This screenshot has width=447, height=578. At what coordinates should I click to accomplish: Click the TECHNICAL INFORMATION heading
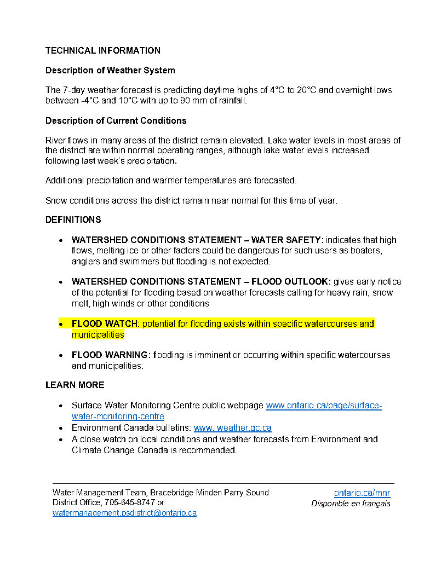click(x=103, y=50)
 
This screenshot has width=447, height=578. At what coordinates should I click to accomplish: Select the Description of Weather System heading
click(x=110, y=70)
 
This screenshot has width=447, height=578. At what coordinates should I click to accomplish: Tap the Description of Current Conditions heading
click(x=116, y=120)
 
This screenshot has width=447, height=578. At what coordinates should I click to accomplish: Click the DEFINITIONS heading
click(x=73, y=219)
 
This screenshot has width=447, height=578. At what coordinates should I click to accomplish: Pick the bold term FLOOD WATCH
click(x=105, y=323)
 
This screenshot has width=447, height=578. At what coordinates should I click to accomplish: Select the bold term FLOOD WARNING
click(x=111, y=355)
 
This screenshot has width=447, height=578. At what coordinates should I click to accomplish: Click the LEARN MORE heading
click(x=74, y=385)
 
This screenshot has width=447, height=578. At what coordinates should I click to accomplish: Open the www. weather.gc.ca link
click(x=232, y=428)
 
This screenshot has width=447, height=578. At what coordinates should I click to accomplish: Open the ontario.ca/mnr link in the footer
click(x=362, y=493)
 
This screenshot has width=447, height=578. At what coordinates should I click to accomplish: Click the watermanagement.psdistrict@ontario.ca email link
click(x=124, y=513)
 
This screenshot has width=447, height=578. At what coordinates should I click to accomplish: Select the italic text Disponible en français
click(x=351, y=504)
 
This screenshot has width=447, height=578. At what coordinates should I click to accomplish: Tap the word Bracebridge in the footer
click(x=174, y=493)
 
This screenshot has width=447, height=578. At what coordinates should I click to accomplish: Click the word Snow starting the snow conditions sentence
click(x=56, y=200)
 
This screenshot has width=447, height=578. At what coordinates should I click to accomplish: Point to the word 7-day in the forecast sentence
click(x=75, y=90)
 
